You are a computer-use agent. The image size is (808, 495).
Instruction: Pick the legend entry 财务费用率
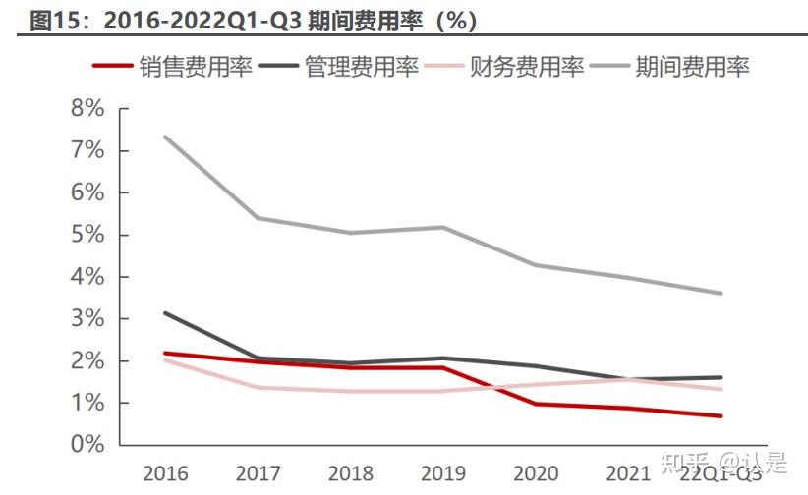click(527, 66)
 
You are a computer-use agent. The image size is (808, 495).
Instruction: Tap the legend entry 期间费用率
click(693, 66)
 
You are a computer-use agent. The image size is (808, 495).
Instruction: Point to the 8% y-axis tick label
click(87, 108)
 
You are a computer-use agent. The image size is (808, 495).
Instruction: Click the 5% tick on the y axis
click(87, 235)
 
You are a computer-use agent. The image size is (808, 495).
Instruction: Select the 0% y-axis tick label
click(87, 445)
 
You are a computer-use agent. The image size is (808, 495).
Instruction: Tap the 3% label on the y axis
click(87, 319)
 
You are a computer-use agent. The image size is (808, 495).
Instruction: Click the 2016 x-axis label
click(165, 473)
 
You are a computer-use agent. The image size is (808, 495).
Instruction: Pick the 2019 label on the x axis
click(444, 473)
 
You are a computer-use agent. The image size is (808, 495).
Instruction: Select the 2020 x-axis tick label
click(537, 473)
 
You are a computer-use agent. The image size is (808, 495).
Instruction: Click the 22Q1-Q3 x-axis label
click(721, 473)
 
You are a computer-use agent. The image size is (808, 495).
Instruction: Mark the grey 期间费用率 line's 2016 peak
click(165, 137)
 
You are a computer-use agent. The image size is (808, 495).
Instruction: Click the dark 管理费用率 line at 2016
click(165, 313)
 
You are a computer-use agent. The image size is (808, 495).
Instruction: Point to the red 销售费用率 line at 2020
click(537, 404)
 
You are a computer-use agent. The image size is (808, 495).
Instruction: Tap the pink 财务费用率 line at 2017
click(258, 387)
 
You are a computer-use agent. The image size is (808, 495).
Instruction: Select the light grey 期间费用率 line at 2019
click(444, 227)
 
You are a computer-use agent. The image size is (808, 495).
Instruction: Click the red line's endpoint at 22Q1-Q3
click(721, 416)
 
